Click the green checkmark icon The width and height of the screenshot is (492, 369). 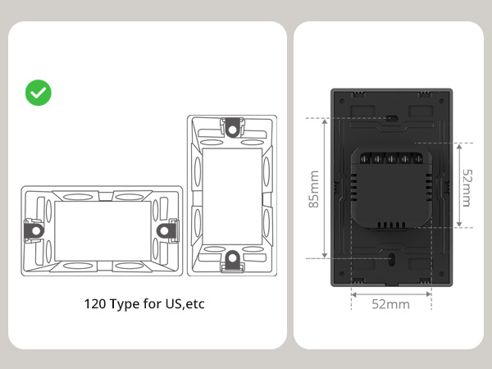coord(39,93)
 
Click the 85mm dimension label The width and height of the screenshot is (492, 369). coord(313,189)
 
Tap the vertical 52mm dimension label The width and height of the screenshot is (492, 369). coord(467,188)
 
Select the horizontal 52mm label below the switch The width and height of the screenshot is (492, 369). coord(390,304)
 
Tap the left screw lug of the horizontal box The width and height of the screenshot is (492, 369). coord(34,231)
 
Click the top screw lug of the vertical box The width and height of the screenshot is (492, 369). coord(232,128)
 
